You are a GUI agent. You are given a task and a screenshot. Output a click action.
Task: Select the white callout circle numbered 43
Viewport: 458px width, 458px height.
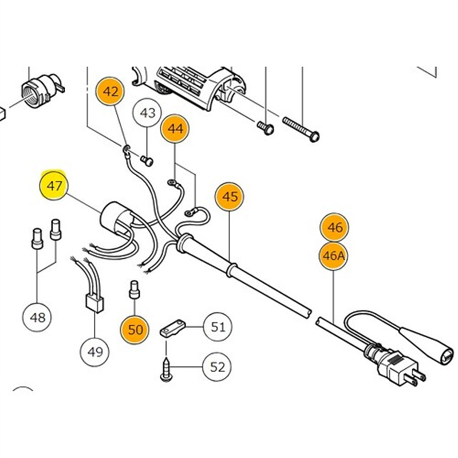point(148,113)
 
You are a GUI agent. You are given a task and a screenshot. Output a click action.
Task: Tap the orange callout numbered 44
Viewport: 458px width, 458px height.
point(176,129)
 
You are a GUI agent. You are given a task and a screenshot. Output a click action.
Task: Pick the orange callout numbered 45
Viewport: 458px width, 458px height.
point(230,197)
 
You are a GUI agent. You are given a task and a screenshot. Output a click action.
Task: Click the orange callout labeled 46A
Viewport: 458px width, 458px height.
point(334,255)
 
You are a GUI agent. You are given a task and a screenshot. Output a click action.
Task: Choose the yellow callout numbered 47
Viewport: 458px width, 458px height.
point(54,185)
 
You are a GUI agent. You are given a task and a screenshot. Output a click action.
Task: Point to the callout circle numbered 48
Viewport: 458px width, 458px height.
point(37,317)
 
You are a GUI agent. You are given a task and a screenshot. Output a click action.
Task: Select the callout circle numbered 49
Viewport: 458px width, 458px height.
point(95,351)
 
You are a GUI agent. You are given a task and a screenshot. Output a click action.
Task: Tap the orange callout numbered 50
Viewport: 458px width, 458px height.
point(135,330)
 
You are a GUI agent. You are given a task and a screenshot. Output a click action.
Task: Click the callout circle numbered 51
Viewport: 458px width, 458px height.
point(218,327)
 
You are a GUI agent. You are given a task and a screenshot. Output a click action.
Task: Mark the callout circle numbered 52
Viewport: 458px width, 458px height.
point(218,366)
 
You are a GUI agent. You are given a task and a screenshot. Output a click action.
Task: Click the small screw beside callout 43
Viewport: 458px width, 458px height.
point(148,161)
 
